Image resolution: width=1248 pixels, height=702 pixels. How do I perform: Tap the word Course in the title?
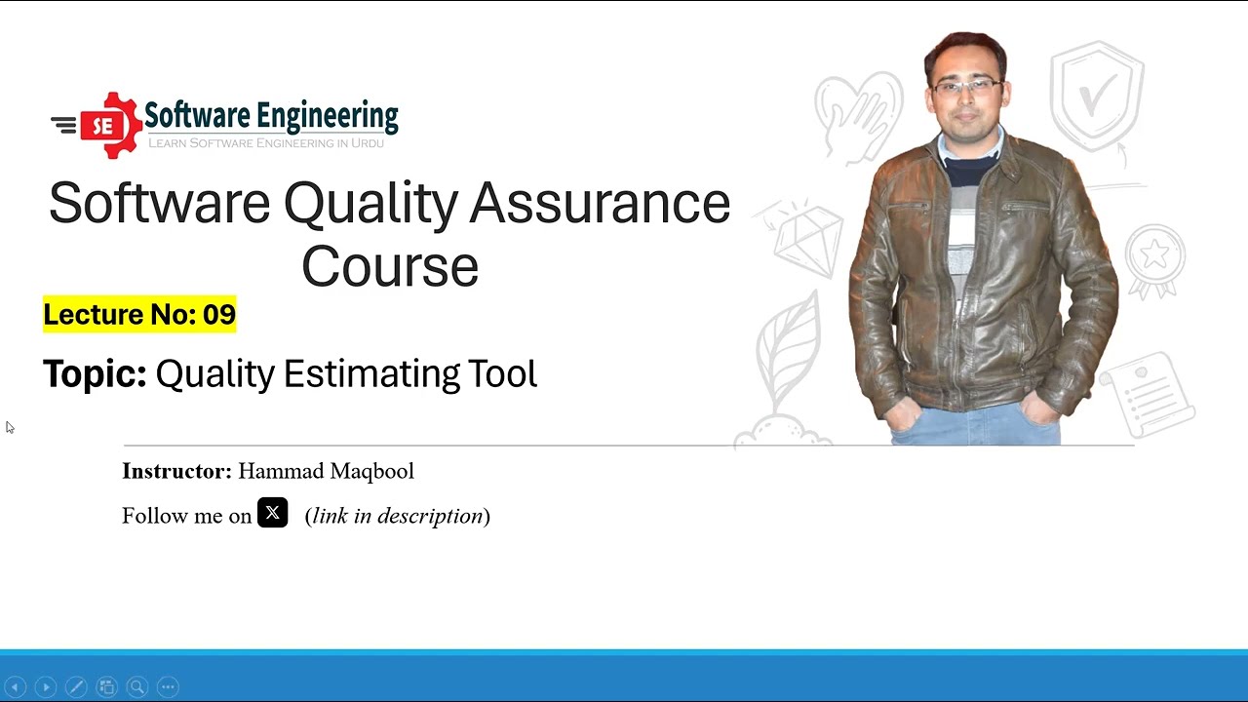coord(390,267)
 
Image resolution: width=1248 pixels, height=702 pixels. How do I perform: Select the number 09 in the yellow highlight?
coord(219,315)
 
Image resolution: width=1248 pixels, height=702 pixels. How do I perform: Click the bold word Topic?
coord(95,374)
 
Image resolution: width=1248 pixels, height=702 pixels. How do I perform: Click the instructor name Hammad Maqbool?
coord(326,472)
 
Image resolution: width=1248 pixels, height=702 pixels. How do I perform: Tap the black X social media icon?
coord(273,513)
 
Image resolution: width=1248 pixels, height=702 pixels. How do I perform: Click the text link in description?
coord(398,516)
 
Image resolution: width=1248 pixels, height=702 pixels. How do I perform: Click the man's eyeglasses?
coord(966,86)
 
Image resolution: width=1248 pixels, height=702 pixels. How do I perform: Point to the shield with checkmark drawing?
coord(1098,96)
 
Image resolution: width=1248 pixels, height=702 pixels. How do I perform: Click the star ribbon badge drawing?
coord(1155,259)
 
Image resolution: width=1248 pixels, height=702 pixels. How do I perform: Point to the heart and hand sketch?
coord(858,112)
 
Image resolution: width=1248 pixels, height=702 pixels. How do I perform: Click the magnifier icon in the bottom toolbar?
coord(137,687)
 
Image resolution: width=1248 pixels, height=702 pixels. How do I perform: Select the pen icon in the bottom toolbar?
coord(76,687)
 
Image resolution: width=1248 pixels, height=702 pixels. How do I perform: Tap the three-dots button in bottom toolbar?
coord(168,687)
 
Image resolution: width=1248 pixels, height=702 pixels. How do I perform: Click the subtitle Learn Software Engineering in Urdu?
coord(265,143)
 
